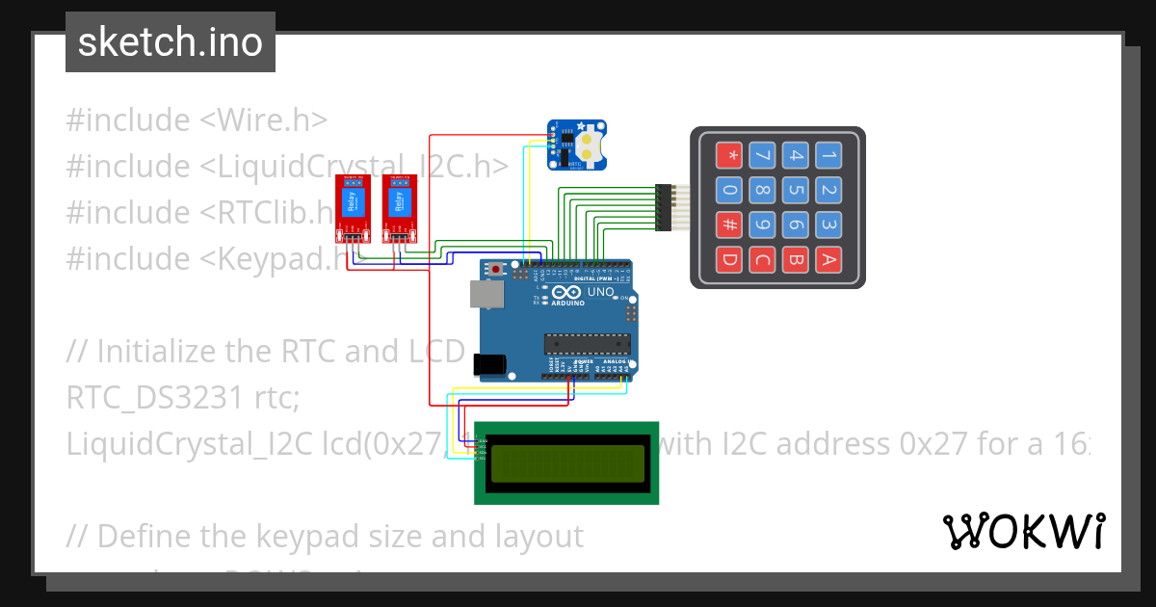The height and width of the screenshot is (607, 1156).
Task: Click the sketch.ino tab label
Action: [170, 42]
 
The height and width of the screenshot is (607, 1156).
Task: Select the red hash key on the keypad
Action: [730, 226]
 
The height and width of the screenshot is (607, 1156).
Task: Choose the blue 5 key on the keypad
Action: [795, 190]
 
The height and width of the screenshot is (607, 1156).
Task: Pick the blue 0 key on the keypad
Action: [730, 190]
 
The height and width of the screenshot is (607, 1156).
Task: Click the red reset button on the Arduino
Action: [497, 269]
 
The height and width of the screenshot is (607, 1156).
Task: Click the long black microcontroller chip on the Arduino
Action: [588, 343]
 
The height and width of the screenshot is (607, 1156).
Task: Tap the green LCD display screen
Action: [566, 463]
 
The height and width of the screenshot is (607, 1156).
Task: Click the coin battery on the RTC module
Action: [591, 145]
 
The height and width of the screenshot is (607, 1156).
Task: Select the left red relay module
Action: [353, 207]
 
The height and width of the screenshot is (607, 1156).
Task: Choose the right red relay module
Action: [399, 207]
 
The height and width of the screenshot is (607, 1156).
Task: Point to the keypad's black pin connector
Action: [663, 207]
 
